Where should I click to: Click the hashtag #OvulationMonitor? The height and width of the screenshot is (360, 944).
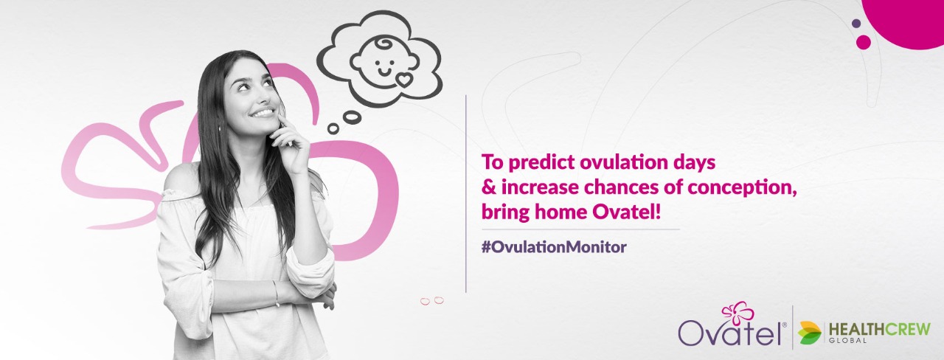[554, 247]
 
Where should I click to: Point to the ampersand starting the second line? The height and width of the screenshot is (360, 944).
[488, 187]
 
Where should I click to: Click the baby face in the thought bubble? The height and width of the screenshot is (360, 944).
[385, 63]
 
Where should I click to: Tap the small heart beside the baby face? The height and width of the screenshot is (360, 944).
[403, 80]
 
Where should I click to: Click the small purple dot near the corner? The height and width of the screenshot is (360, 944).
[856, 24]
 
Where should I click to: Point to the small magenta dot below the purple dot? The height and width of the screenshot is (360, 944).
[864, 42]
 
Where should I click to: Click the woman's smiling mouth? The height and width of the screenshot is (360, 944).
[261, 114]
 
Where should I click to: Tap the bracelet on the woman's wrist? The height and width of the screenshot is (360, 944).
[277, 293]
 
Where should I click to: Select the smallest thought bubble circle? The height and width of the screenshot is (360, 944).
[333, 128]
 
